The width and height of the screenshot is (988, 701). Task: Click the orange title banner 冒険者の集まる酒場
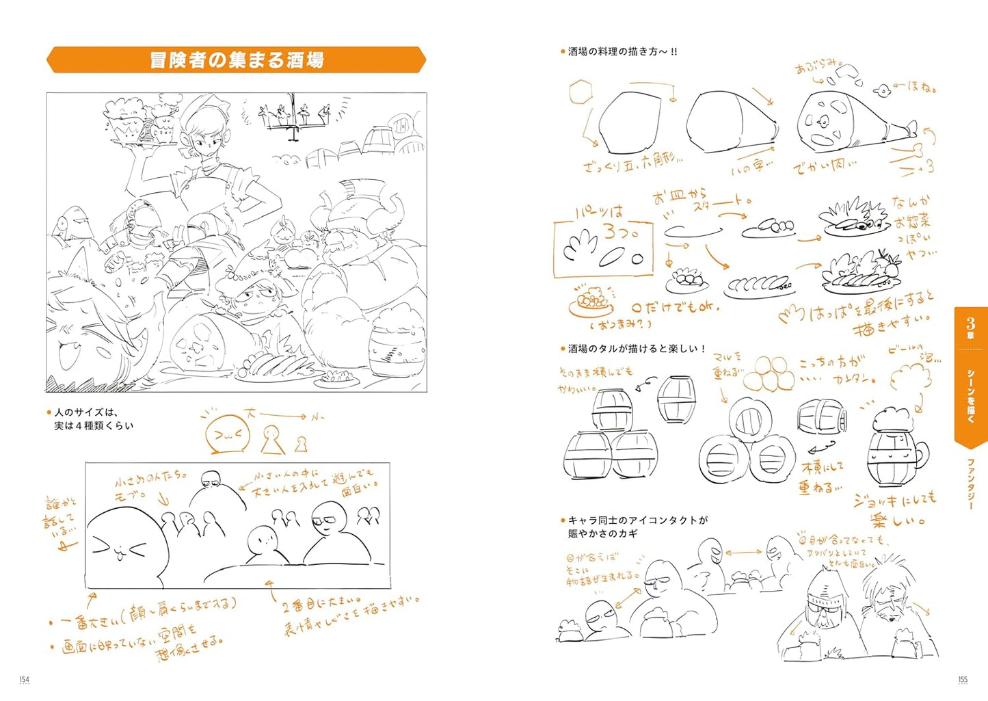click(236, 60)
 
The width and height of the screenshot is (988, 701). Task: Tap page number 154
click(25, 679)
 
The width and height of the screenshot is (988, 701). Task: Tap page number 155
click(963, 679)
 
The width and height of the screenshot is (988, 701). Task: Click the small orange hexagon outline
click(580, 91)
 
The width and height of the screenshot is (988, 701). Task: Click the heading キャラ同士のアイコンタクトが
click(637, 527)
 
